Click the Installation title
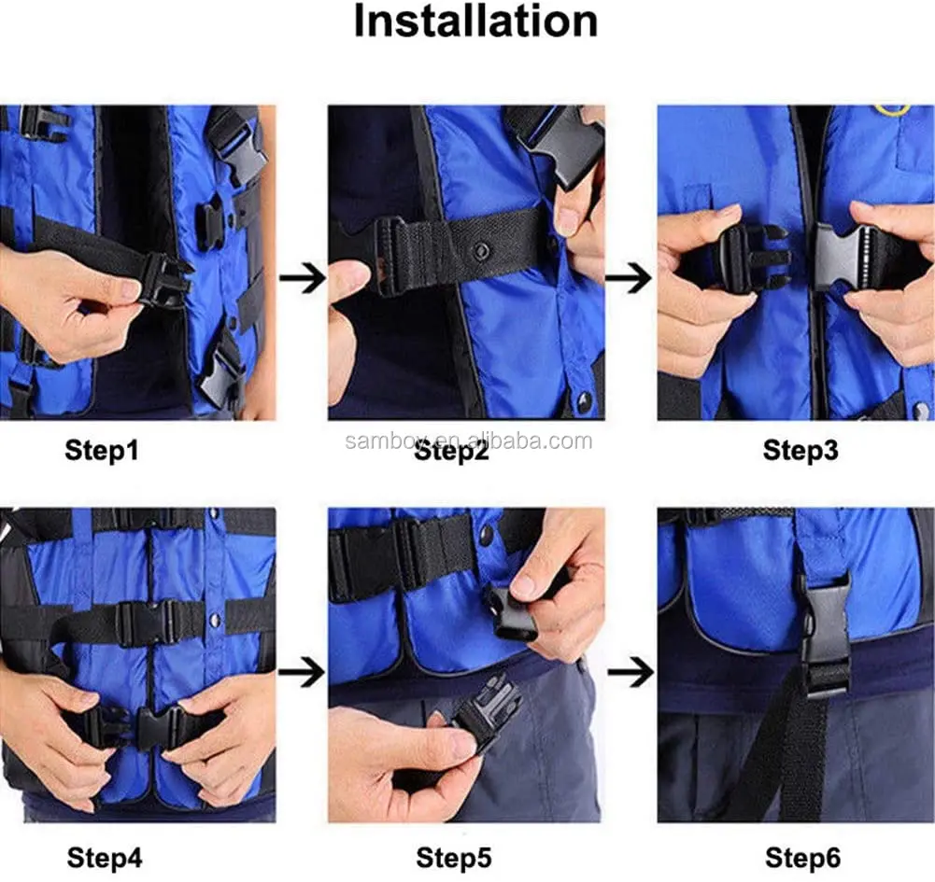(x=475, y=21)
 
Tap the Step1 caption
(x=102, y=450)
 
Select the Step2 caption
(x=451, y=451)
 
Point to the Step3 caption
(x=800, y=450)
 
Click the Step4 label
(x=105, y=858)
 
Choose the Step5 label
(x=454, y=858)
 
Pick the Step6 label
(x=802, y=858)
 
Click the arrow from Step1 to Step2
(x=303, y=278)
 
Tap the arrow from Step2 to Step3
(x=630, y=278)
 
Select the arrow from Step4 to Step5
(x=302, y=672)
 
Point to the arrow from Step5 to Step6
(x=630, y=672)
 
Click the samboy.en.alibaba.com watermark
(x=469, y=441)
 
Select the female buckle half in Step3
(x=840, y=258)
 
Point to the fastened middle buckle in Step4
(x=146, y=623)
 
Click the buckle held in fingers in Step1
(x=167, y=281)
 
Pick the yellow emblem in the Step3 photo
(x=892, y=110)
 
